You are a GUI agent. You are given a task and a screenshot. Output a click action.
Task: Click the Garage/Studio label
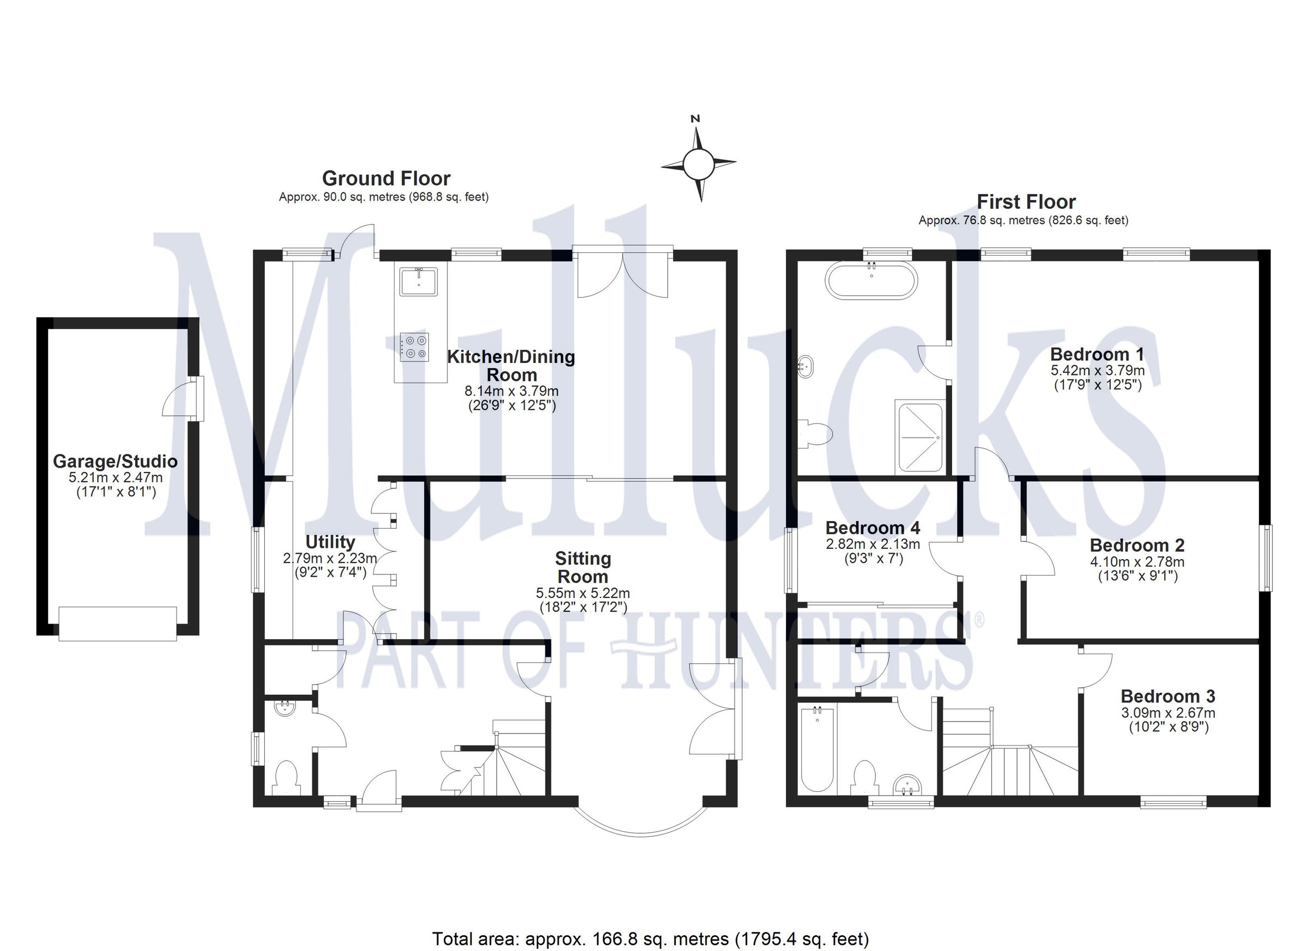[115, 462]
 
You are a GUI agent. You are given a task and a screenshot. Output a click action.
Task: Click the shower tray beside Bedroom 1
[920, 438]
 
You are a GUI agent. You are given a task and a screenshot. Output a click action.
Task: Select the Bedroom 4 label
[873, 528]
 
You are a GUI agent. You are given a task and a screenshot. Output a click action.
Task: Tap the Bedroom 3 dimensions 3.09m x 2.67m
[1168, 713]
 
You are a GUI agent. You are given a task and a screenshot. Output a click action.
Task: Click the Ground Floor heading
[386, 178]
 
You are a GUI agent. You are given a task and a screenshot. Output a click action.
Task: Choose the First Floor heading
[1026, 202]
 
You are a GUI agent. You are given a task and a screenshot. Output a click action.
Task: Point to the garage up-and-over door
[118, 623]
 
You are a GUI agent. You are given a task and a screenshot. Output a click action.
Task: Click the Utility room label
[330, 542]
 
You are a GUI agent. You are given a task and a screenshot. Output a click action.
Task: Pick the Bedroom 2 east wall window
[1267, 558]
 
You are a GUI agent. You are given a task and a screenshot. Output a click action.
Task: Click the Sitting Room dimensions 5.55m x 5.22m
[583, 593]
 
